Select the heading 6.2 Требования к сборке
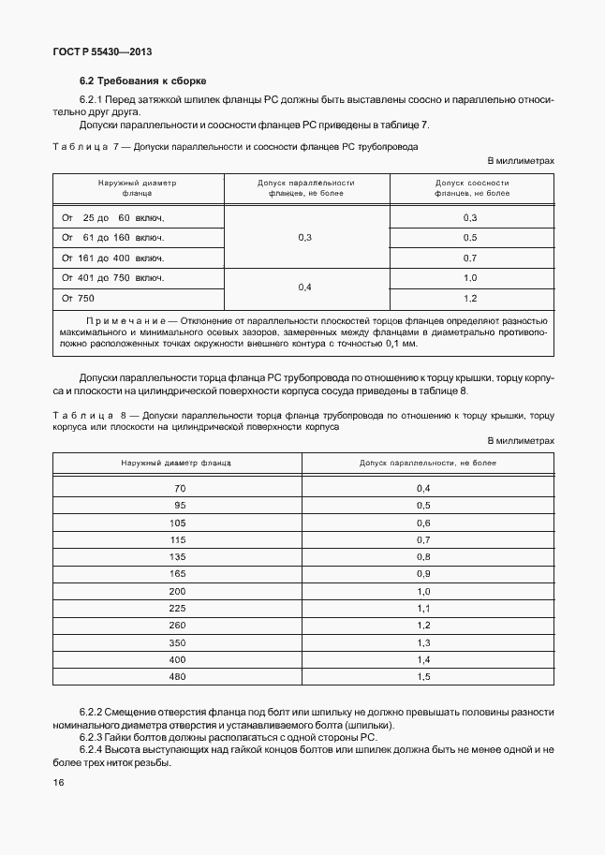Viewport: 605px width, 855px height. [142, 81]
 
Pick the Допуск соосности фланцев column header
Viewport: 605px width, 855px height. [472, 187]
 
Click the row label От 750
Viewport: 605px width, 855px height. [78, 298]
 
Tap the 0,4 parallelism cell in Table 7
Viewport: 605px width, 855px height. [304, 287]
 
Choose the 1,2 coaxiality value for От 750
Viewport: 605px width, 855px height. [470, 298]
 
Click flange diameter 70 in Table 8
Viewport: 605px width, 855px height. [180, 488]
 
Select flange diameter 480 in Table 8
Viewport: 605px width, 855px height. [177, 676]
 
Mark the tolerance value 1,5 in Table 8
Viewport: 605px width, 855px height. [422, 676]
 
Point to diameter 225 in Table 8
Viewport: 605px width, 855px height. [177, 608]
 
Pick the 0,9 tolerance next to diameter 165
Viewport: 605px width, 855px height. [422, 573]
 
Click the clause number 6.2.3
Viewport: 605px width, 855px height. [95, 737]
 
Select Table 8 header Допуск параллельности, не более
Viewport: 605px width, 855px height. [428, 463]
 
